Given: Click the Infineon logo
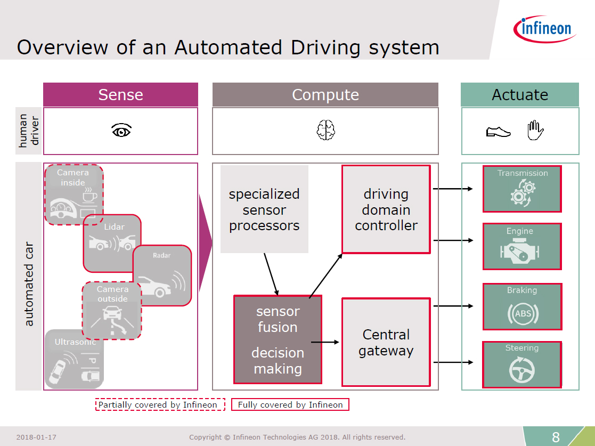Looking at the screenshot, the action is pyautogui.click(x=544, y=29).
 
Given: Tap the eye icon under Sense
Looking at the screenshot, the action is pyautogui.click(x=121, y=131).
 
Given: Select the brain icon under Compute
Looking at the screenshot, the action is pyautogui.click(x=325, y=130).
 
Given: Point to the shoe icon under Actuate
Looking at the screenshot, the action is pyautogui.click(x=498, y=132).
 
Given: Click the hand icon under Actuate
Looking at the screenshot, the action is pyautogui.click(x=535, y=130).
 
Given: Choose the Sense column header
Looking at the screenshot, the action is pyautogui.click(x=121, y=94).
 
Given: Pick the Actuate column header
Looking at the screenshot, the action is pyautogui.click(x=520, y=94).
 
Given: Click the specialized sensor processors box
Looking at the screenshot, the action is pyautogui.click(x=265, y=209).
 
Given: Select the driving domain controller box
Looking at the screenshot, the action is pyautogui.click(x=386, y=209).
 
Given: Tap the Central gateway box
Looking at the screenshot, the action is pyautogui.click(x=386, y=343).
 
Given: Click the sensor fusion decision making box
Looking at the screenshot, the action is pyautogui.click(x=278, y=339).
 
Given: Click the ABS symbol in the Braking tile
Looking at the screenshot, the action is pyautogui.click(x=523, y=313).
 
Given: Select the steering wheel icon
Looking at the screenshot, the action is pyautogui.click(x=522, y=370).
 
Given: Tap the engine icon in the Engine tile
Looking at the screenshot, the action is pyautogui.click(x=519, y=251).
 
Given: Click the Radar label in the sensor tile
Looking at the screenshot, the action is pyautogui.click(x=161, y=255).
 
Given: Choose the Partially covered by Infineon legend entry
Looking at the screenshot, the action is pyautogui.click(x=160, y=404).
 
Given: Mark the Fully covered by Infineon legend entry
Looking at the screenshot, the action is pyautogui.click(x=290, y=404).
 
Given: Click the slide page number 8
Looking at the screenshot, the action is pyautogui.click(x=556, y=437).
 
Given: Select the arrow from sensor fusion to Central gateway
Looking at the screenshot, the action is pyautogui.click(x=325, y=343).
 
